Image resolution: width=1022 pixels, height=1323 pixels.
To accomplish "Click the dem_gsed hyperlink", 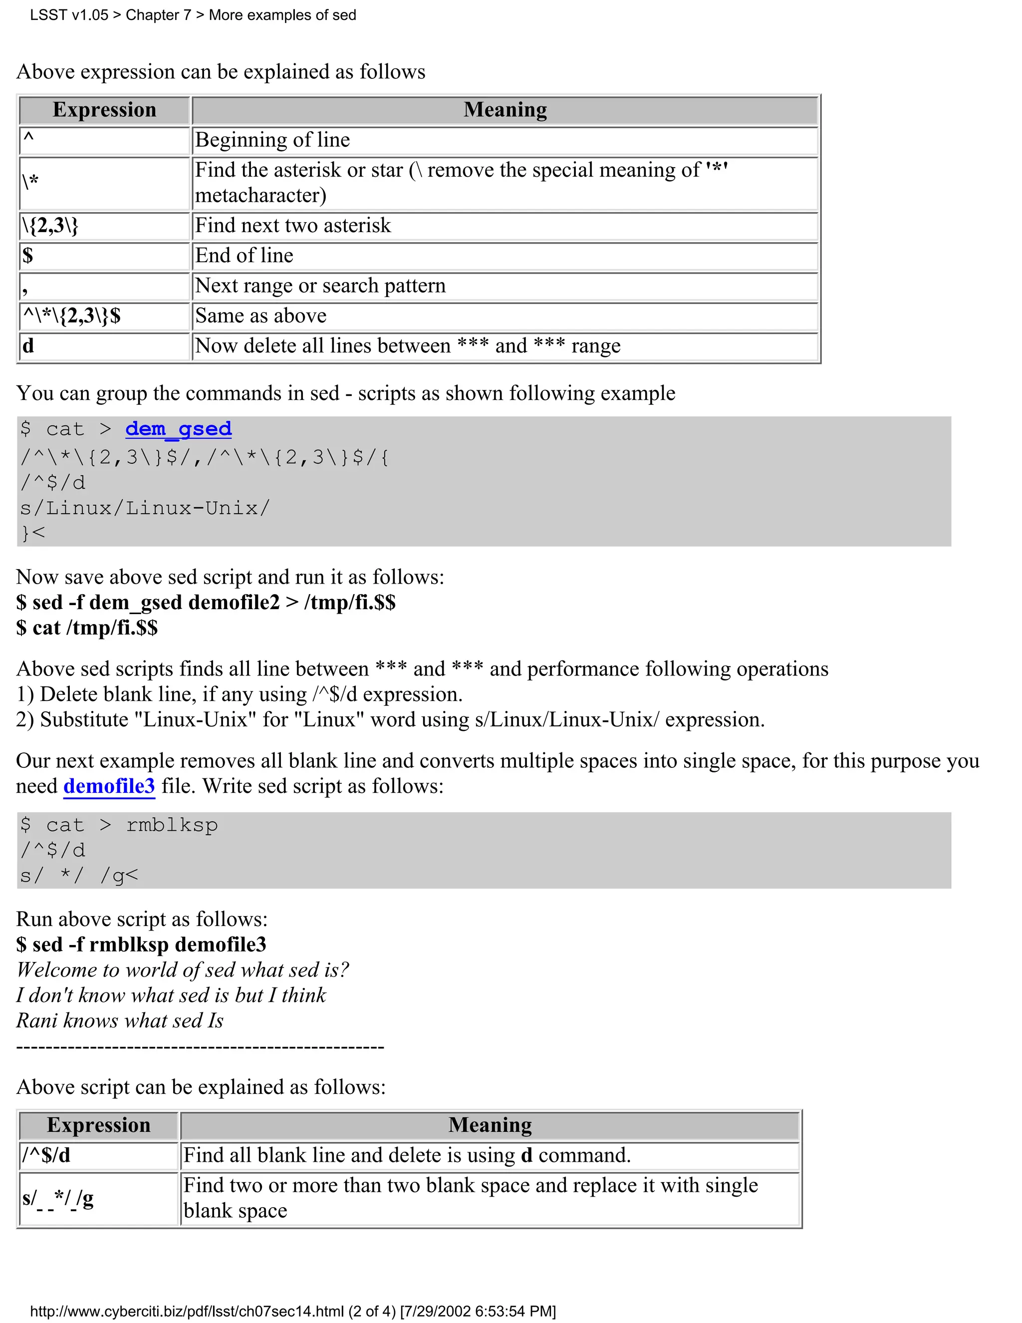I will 178,429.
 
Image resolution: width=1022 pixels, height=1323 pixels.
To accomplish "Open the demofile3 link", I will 109,786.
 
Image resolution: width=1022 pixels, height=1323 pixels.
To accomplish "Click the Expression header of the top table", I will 104,110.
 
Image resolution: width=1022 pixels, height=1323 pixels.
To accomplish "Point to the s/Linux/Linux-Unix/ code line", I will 145,508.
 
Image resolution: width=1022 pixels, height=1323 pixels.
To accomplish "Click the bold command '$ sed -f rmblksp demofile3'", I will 141,945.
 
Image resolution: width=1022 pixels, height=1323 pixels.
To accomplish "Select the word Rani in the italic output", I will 37,1021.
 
